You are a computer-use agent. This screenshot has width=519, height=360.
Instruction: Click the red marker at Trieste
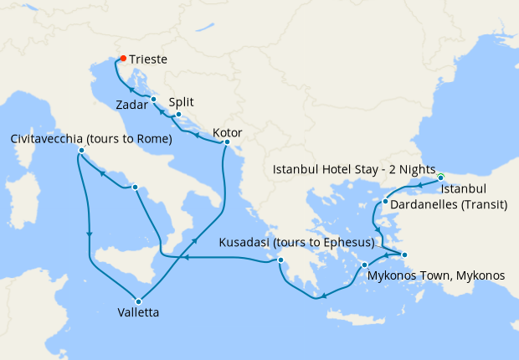pyautogui.click(x=122, y=59)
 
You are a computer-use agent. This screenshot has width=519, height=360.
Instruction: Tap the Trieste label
pyautogui.click(x=149, y=60)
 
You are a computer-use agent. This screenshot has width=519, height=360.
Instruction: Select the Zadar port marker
pyautogui.click(x=154, y=100)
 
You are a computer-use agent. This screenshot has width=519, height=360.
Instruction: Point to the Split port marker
pyautogui.click(x=178, y=115)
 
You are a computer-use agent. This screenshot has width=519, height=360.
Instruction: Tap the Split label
pyautogui.click(x=182, y=101)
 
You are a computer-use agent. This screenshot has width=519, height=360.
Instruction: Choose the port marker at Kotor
pyautogui.click(x=226, y=142)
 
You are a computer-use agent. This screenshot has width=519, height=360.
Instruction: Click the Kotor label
pyautogui.click(x=229, y=132)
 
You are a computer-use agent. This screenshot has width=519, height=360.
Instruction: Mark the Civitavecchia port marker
pyautogui.click(x=81, y=151)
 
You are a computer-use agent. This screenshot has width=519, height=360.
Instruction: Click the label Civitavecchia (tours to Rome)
pyautogui.click(x=92, y=138)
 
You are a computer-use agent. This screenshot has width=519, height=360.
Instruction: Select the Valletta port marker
pyautogui.click(x=139, y=301)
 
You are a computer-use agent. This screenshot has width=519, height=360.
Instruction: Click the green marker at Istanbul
pyautogui.click(x=440, y=177)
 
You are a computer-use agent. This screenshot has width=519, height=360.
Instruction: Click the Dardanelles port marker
pyautogui.click(x=384, y=202)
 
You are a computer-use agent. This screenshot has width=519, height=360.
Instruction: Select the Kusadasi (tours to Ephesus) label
pyautogui.click(x=295, y=243)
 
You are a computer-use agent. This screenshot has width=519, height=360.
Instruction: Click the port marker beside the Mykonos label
pyautogui.click(x=364, y=265)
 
